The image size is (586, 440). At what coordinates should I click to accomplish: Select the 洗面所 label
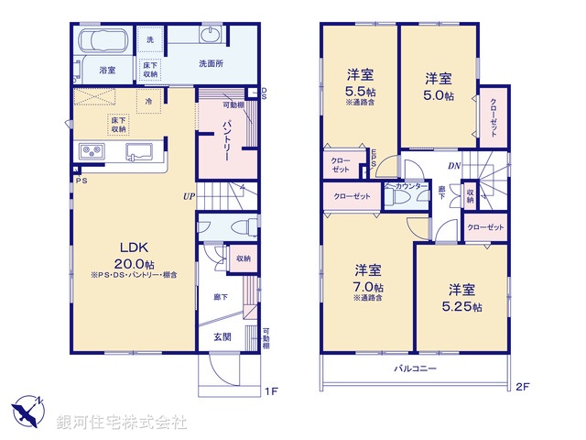(213, 64)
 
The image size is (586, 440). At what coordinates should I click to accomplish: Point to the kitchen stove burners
(94, 151)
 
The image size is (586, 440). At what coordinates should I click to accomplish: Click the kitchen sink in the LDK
(140, 151)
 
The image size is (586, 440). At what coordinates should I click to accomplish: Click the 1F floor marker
(271, 391)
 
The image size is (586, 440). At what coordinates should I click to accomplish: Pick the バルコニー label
(416, 368)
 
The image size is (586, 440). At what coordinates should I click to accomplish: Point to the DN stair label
(453, 165)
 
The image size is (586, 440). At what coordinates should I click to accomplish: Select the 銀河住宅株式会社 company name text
(121, 422)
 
